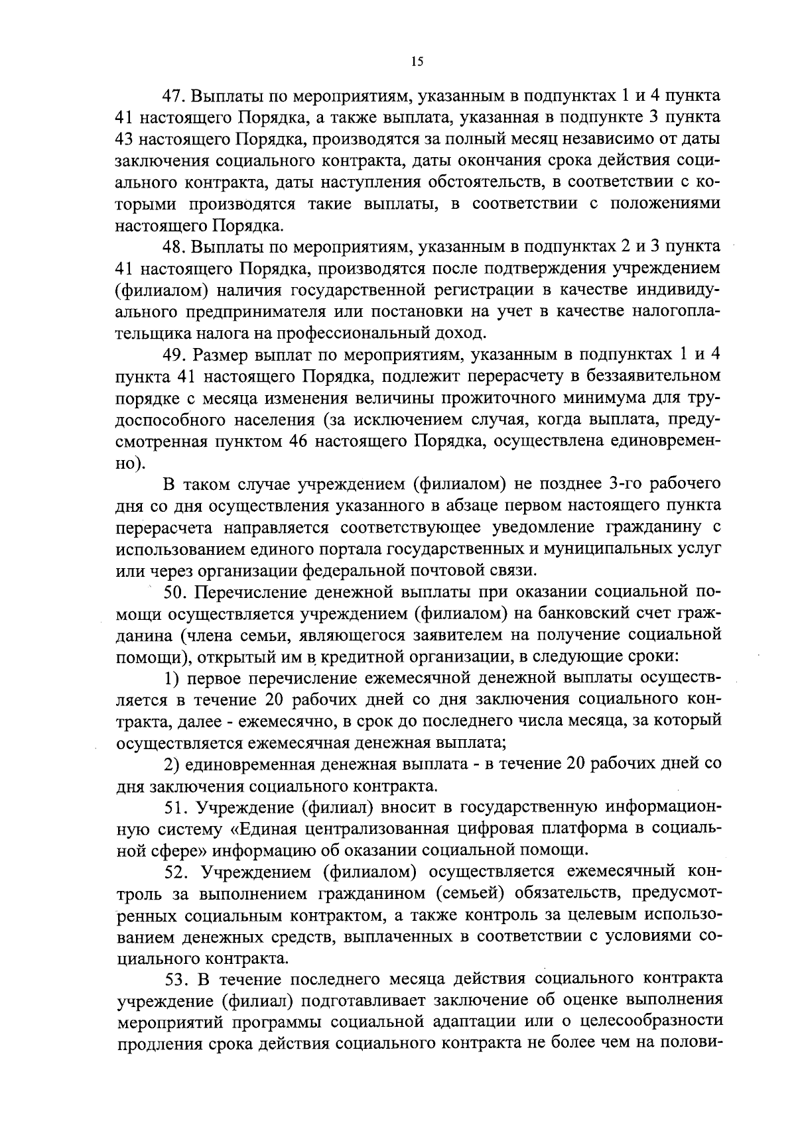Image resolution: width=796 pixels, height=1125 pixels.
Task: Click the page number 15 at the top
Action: [417, 62]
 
